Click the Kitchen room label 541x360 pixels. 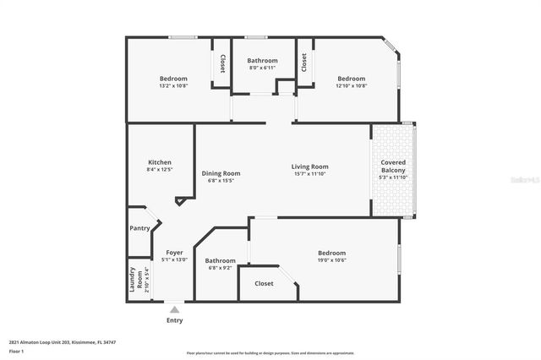click(x=160, y=162)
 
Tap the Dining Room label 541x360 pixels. click(x=221, y=172)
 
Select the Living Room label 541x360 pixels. click(x=310, y=166)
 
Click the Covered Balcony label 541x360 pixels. click(x=394, y=166)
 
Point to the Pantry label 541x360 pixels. click(x=139, y=228)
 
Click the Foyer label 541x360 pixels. click(x=174, y=253)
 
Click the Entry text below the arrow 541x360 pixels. click(x=174, y=320)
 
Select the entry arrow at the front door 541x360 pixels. click(x=174, y=308)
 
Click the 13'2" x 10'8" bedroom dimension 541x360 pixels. click(x=173, y=85)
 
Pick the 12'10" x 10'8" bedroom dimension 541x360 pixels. click(x=351, y=85)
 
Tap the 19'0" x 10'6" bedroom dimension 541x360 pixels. click(x=331, y=260)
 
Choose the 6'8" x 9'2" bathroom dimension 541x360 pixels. click(x=220, y=268)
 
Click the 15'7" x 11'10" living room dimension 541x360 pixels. click(x=310, y=174)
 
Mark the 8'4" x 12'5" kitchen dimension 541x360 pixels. click(x=160, y=170)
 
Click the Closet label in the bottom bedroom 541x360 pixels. click(x=264, y=284)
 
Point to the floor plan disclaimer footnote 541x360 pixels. click(x=281, y=352)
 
